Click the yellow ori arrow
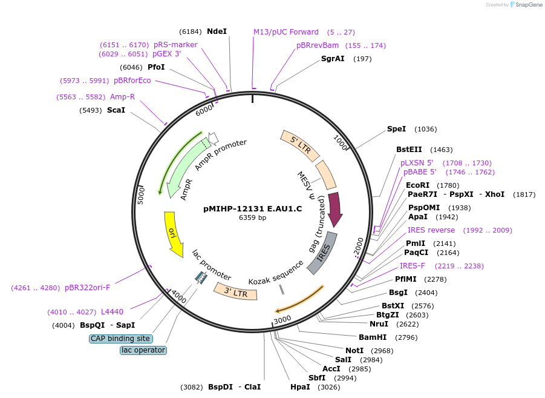click(173, 234)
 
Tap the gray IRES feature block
click(322, 253)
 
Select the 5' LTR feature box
click(300, 145)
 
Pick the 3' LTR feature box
click(236, 292)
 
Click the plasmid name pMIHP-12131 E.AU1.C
click(253, 209)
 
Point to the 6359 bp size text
click(253, 217)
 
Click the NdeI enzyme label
click(217, 32)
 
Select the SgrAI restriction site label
click(333, 59)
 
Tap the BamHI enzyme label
click(373, 337)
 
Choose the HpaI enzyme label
click(300, 387)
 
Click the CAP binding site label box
click(120, 339)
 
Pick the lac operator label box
click(143, 350)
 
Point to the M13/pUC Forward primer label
click(286, 32)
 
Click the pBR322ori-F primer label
click(87, 288)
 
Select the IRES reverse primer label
click(431, 230)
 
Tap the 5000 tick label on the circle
click(141, 196)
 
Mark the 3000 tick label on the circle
click(282, 319)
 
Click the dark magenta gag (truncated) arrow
click(335, 210)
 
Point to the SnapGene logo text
click(529, 4)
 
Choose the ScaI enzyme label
click(116, 110)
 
